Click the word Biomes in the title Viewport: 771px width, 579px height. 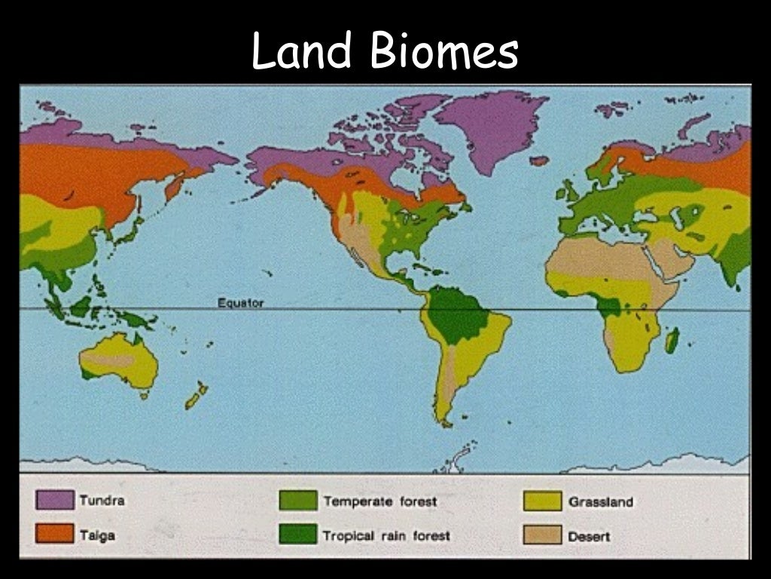click(x=444, y=52)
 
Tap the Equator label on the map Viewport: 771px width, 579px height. click(x=240, y=303)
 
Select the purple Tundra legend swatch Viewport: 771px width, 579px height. click(x=55, y=500)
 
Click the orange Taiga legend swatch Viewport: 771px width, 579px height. click(x=55, y=535)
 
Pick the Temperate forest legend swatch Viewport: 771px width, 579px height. click(x=297, y=501)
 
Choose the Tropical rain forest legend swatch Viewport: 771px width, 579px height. click(x=297, y=535)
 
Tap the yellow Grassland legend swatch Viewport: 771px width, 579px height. click(x=543, y=501)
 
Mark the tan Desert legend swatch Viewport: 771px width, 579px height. click(x=543, y=535)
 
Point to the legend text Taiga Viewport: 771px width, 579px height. click(x=97, y=535)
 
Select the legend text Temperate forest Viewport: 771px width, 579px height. click(x=379, y=501)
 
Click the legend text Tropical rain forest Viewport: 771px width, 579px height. click(x=386, y=536)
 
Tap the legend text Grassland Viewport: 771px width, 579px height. click(x=601, y=501)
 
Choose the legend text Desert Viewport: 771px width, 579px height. click(x=590, y=536)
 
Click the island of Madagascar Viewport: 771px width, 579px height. click(x=672, y=340)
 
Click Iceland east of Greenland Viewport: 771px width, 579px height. click(x=539, y=161)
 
